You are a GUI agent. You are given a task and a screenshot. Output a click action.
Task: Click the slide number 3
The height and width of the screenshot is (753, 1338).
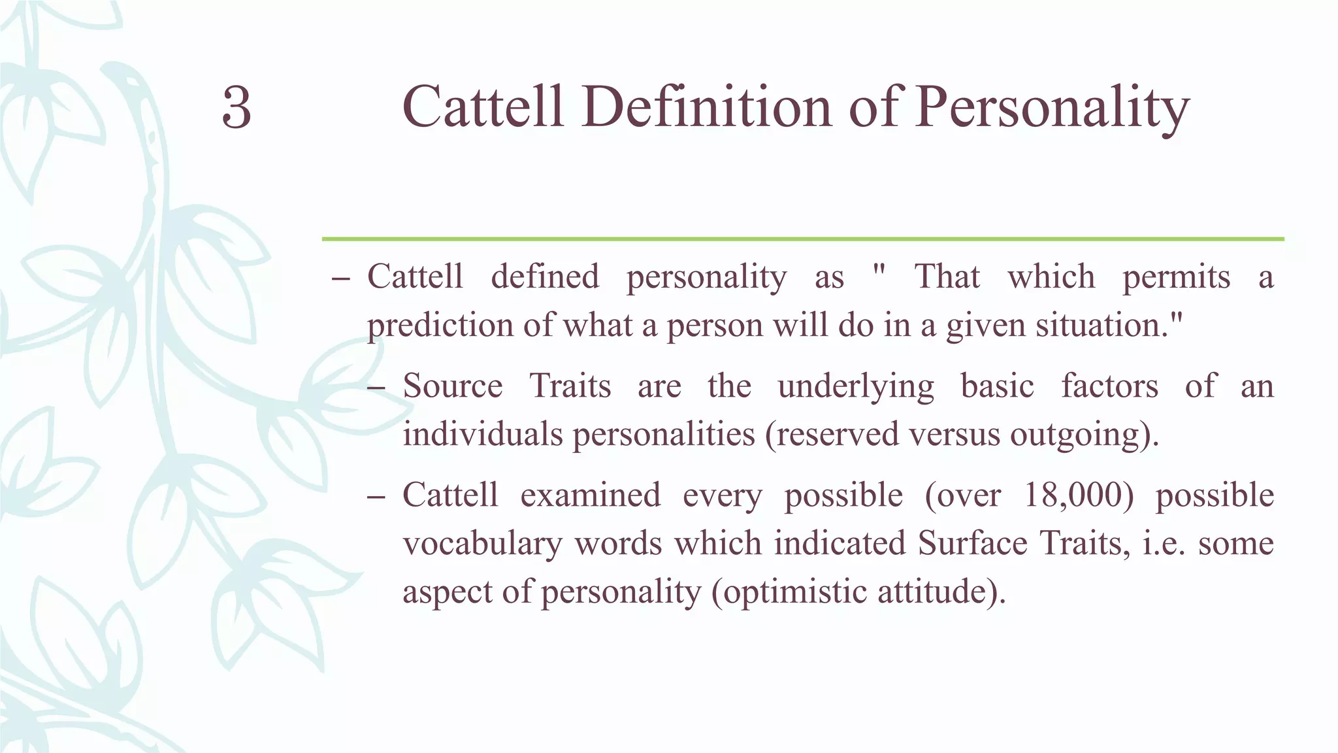tap(237, 109)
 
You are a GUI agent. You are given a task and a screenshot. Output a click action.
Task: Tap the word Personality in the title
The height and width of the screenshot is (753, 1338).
tap(1052, 109)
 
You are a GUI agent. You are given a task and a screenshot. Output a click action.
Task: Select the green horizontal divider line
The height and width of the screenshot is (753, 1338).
tap(802, 239)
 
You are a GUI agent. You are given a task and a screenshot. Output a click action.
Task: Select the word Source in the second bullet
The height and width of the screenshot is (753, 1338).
tap(452, 386)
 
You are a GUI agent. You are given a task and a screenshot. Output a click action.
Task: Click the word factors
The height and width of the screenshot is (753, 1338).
tap(1109, 386)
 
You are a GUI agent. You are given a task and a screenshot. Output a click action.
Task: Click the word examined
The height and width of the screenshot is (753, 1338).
tap(591, 495)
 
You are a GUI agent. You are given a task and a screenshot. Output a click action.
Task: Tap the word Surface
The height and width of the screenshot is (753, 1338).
tap(972, 543)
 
